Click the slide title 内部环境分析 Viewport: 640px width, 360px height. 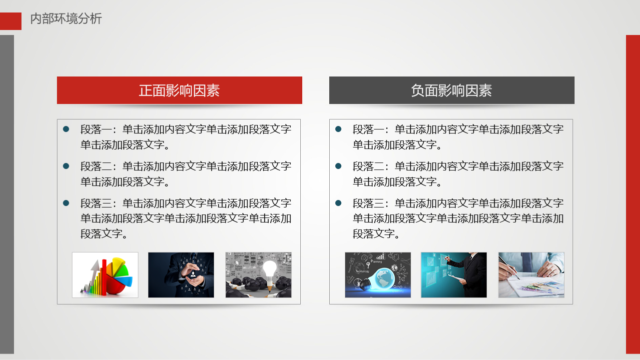click(66, 19)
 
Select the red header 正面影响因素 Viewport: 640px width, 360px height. click(179, 90)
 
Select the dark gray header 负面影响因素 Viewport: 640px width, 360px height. click(452, 90)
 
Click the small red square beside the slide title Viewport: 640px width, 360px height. click(10, 21)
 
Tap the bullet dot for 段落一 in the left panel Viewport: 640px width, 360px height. click(66, 129)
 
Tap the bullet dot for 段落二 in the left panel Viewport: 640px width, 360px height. click(66, 166)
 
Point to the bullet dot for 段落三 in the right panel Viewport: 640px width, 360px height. click(338, 203)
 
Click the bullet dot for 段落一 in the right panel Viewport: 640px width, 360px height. click(338, 129)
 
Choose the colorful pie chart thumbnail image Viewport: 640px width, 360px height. click(105, 275)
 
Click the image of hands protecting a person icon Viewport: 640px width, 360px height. click(181, 275)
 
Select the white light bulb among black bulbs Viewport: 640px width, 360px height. click(269, 270)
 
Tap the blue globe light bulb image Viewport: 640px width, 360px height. click(378, 275)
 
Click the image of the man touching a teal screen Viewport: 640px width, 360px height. click(454, 275)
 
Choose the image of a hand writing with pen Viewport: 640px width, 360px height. click(531, 275)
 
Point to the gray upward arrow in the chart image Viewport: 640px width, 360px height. click(92, 276)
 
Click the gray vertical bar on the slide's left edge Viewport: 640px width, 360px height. click(7, 194)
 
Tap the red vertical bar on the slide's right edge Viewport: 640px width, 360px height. click(633, 194)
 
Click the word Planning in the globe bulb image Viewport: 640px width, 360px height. click(376, 261)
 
